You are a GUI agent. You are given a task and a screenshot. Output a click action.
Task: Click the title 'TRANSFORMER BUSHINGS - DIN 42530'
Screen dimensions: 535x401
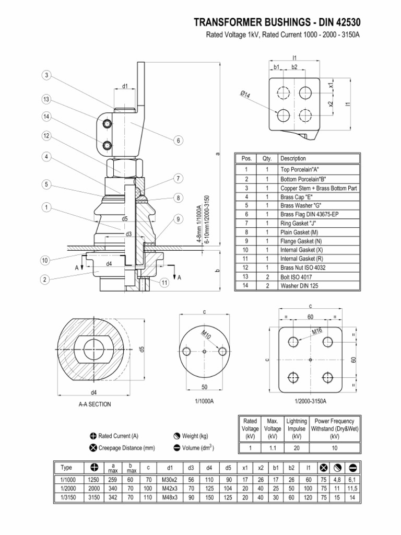[x=277, y=22]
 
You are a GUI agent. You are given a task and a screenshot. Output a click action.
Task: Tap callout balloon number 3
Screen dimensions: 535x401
[x=46, y=75]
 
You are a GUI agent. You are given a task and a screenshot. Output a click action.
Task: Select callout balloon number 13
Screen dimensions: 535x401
[x=46, y=99]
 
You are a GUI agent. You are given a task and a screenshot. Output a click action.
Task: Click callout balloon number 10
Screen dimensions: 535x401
[x=46, y=260]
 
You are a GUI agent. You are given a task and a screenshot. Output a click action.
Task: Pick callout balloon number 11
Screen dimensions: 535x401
[x=164, y=283]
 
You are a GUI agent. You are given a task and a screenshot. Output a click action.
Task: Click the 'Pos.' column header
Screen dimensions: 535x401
[x=245, y=159]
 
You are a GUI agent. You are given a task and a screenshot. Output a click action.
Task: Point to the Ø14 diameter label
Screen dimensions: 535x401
[x=245, y=95]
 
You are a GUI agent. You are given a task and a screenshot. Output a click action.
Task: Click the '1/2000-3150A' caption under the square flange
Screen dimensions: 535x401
[x=310, y=401]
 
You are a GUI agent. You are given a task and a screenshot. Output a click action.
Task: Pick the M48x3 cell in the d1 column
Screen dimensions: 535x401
[x=170, y=497]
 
